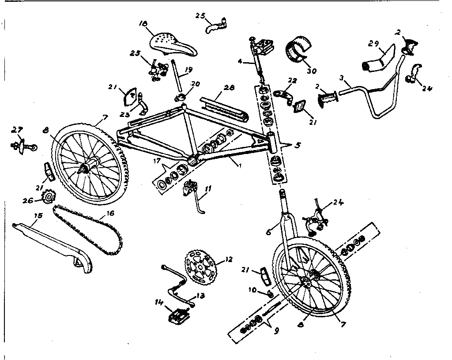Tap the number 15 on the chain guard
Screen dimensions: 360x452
point(38,216)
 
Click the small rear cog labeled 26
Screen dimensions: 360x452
point(47,201)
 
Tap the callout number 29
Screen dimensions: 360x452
point(373,43)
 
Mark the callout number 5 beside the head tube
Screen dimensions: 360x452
point(298,145)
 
